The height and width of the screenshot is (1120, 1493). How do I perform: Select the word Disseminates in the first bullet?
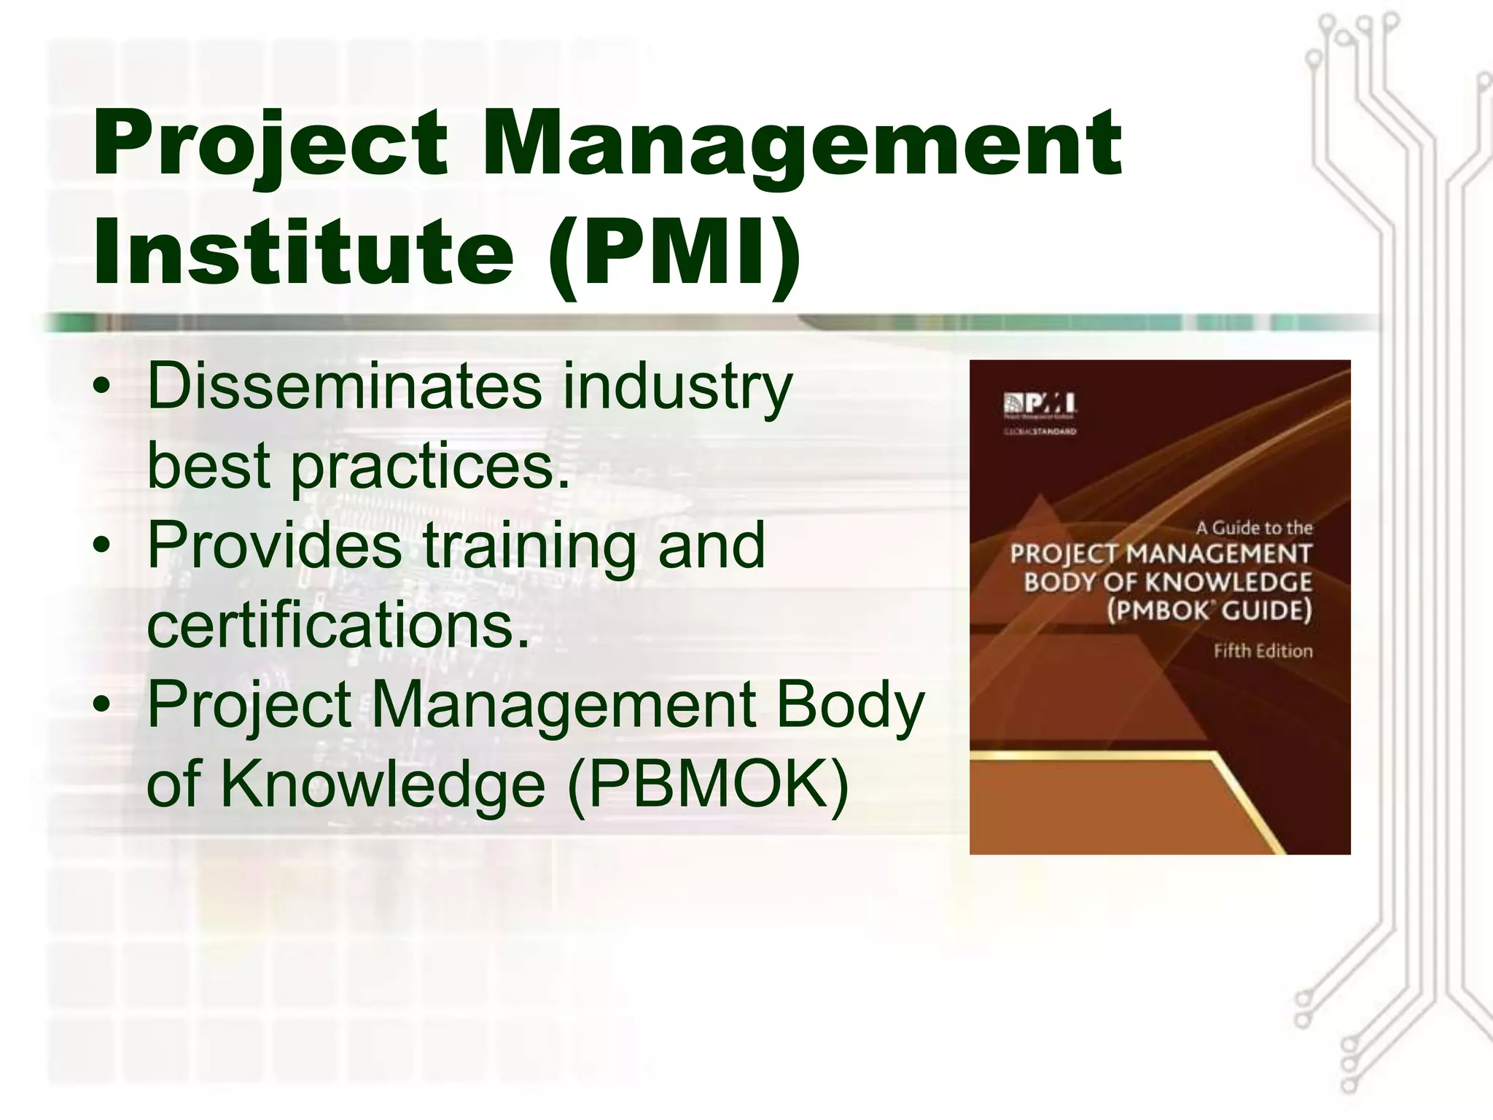point(344,387)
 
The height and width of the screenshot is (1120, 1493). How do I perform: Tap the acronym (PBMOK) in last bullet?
point(707,785)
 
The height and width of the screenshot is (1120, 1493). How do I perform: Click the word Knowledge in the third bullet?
point(383,785)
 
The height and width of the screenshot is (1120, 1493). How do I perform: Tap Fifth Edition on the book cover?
point(1263,651)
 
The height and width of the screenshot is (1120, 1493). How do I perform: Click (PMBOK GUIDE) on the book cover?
point(1209,610)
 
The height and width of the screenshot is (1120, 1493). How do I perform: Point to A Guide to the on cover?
point(1254,527)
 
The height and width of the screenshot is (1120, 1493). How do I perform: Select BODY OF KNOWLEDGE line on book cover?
point(1167,582)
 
